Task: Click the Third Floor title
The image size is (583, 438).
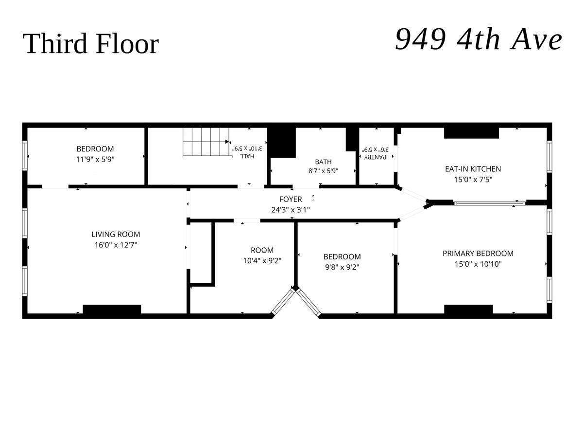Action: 90,43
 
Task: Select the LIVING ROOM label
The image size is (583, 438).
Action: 116,234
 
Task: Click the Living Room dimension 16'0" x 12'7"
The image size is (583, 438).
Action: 116,245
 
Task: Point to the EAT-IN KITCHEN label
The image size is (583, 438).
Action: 473,169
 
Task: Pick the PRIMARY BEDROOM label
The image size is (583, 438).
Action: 478,254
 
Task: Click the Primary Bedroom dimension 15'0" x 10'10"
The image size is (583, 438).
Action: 478,264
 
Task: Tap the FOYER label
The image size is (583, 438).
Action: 291,199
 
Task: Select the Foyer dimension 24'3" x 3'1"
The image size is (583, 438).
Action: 291,210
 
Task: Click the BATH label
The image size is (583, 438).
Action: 323,162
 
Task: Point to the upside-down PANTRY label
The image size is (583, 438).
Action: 375,157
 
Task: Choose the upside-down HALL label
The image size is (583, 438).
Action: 247,156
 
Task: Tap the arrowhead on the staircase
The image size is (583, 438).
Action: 227,142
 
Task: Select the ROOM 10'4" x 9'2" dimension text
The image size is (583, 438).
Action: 262,261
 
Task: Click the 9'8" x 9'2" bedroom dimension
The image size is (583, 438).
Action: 342,267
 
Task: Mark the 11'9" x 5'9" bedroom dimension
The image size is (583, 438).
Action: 95,159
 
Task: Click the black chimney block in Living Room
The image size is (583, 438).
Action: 112,309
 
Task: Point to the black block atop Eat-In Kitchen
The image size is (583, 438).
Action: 471,133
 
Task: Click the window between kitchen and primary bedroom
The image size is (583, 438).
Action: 490,203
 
